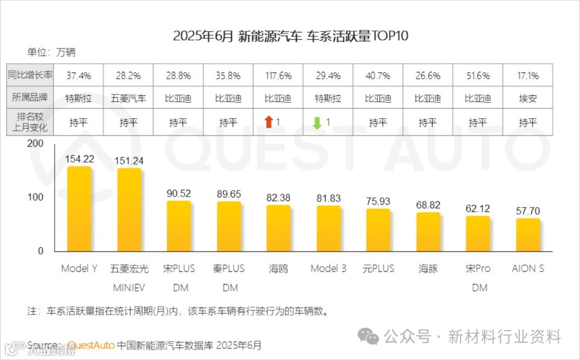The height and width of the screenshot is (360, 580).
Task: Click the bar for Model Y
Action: [x=78, y=210]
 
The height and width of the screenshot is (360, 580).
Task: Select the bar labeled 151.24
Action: [x=129, y=211]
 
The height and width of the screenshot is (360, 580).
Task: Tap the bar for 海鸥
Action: [x=278, y=229]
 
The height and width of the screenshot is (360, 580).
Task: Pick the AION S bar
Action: [x=528, y=235]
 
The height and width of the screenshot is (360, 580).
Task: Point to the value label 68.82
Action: [x=428, y=205]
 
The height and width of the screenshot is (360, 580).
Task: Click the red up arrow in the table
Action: [x=269, y=123]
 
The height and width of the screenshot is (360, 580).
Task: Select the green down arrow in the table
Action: [x=317, y=123]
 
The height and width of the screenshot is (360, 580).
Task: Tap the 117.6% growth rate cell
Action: [x=278, y=76]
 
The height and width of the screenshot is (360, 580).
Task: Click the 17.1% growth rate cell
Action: [x=528, y=76]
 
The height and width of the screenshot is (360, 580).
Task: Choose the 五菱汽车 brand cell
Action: [x=128, y=99]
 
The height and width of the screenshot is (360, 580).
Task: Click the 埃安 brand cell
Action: [x=528, y=99]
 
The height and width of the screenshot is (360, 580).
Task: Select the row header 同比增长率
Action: [x=30, y=76]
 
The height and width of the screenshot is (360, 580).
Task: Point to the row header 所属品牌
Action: [x=30, y=99]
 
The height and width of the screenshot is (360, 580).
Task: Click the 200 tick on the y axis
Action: [x=36, y=144]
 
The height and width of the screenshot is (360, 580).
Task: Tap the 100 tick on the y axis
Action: [x=36, y=197]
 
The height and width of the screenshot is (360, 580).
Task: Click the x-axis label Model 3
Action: [x=328, y=269]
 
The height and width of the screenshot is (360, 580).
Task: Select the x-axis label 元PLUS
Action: [x=378, y=269]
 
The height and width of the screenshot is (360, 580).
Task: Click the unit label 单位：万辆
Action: [x=52, y=53]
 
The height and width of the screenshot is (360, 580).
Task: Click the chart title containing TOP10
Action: [x=291, y=37]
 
